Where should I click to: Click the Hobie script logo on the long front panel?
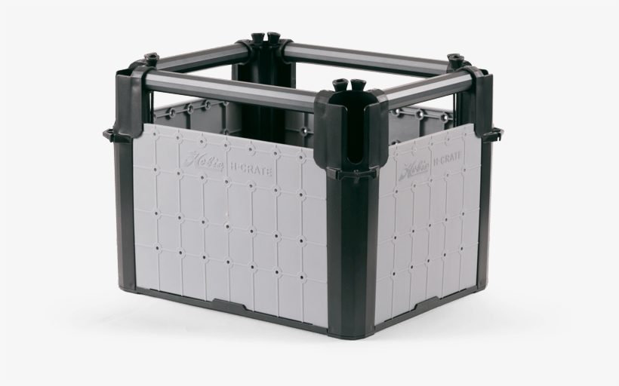pos(204,161)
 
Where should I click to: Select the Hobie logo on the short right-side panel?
pos(414,169)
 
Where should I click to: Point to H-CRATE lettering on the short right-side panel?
pos(447,158)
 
